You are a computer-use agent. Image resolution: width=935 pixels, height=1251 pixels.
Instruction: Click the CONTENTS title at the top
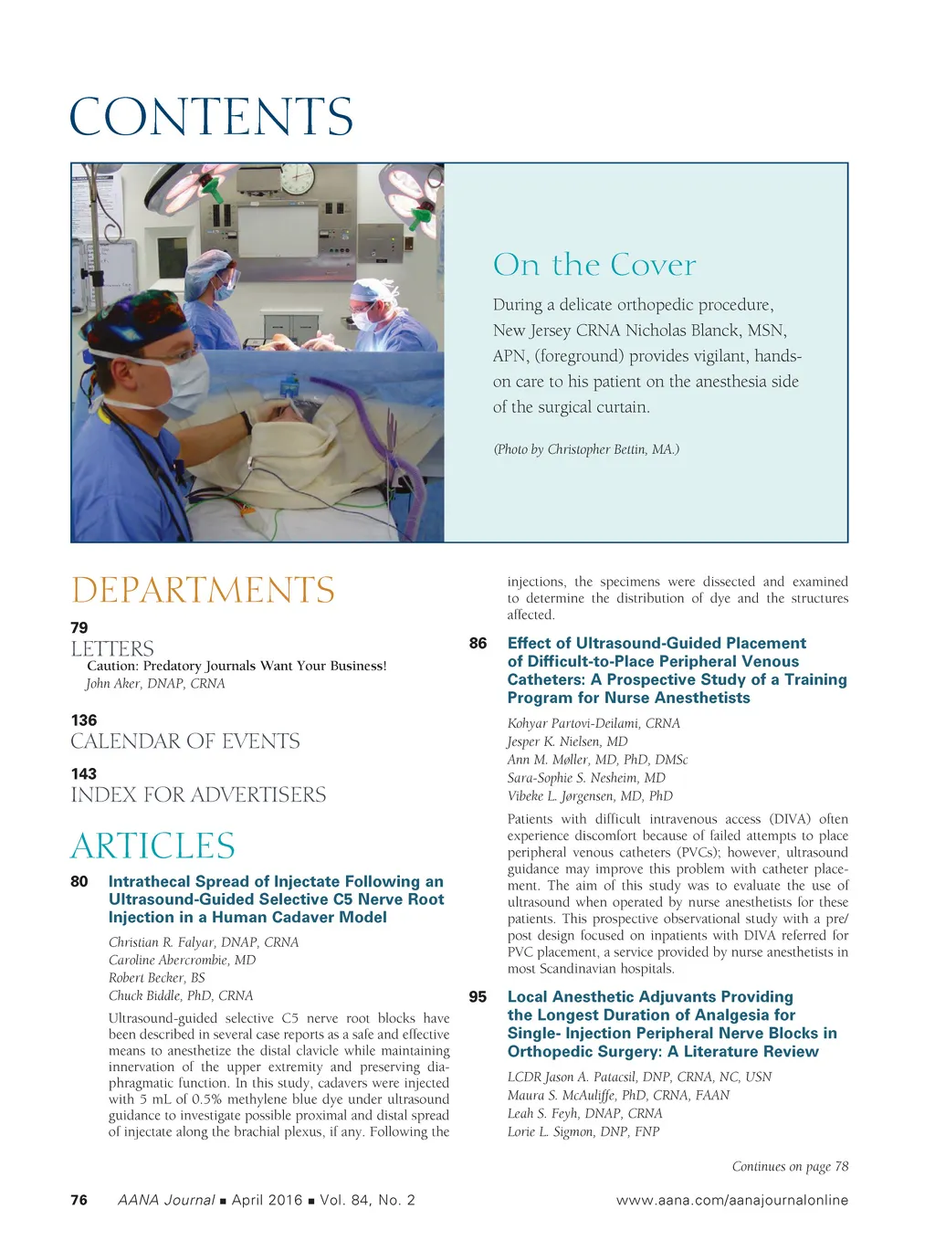pyautogui.click(x=211, y=117)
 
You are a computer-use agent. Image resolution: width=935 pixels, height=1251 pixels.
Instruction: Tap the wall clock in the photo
pyautogui.click(x=297, y=179)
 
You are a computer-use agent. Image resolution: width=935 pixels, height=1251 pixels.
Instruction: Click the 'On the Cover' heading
pyautogui.click(x=594, y=265)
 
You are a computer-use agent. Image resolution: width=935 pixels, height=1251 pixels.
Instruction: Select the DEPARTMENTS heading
pyautogui.click(x=203, y=590)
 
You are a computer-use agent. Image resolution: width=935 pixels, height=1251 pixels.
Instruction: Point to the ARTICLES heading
pyautogui.click(x=152, y=846)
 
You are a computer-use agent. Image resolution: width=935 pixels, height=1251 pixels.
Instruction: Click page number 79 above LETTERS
pyautogui.click(x=79, y=627)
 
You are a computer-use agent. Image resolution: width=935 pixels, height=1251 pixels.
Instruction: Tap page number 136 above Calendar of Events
pyautogui.click(x=83, y=720)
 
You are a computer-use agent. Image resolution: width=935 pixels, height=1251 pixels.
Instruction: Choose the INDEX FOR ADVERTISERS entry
pyautogui.click(x=198, y=794)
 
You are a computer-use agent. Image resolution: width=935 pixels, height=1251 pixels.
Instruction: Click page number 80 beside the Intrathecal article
pyautogui.click(x=79, y=881)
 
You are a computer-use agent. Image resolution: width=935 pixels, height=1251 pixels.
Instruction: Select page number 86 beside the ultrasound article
pyautogui.click(x=478, y=643)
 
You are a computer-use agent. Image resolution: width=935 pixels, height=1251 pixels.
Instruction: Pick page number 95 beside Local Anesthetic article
pyautogui.click(x=478, y=997)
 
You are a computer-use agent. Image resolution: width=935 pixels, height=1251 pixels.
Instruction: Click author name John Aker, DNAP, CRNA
pyautogui.click(x=155, y=683)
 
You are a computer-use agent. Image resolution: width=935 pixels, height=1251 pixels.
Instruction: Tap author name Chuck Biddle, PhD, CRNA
pyautogui.click(x=181, y=995)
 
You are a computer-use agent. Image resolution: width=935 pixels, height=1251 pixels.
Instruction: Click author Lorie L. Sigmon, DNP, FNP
pyautogui.click(x=583, y=1131)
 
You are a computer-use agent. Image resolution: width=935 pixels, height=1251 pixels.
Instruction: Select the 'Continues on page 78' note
pyautogui.click(x=790, y=1166)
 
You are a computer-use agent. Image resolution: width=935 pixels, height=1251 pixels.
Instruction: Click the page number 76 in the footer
pyautogui.click(x=79, y=1200)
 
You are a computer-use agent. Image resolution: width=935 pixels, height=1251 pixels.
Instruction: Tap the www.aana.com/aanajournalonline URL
pyautogui.click(x=731, y=1200)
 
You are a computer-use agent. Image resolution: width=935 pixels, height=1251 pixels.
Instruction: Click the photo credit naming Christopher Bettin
pyautogui.click(x=586, y=449)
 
